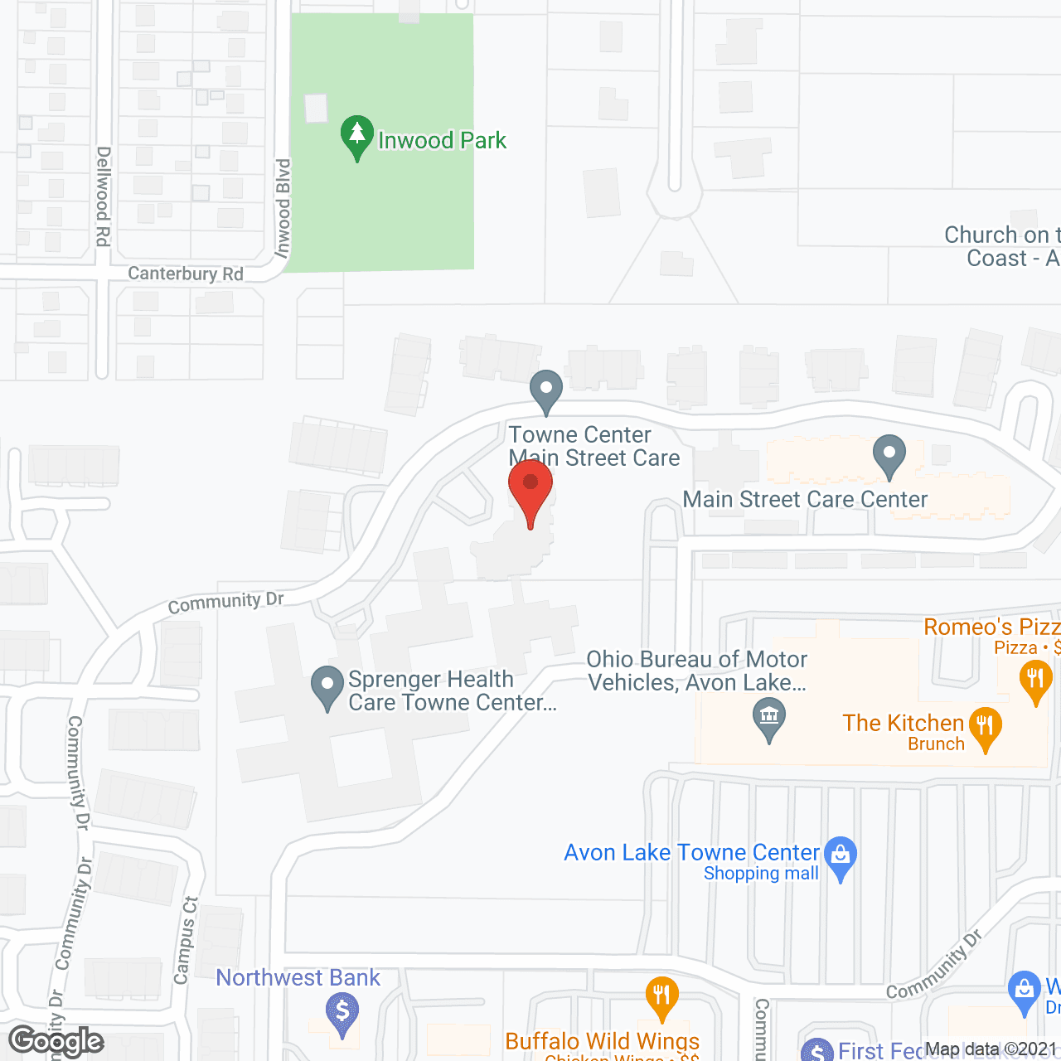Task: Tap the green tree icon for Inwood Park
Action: (357, 136)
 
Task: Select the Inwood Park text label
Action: (442, 141)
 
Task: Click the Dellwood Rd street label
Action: (103, 196)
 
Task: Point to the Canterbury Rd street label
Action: (186, 274)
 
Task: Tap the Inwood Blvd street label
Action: (283, 209)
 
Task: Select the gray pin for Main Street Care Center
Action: (889, 456)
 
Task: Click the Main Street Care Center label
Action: (805, 499)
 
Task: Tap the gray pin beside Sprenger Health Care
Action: (327, 687)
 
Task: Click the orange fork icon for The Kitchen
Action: (985, 727)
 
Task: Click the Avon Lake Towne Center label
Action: (691, 853)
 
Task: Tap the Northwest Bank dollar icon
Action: (342, 1013)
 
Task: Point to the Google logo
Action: (56, 1041)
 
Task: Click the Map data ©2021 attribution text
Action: (991, 1049)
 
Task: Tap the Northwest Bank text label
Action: (298, 978)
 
